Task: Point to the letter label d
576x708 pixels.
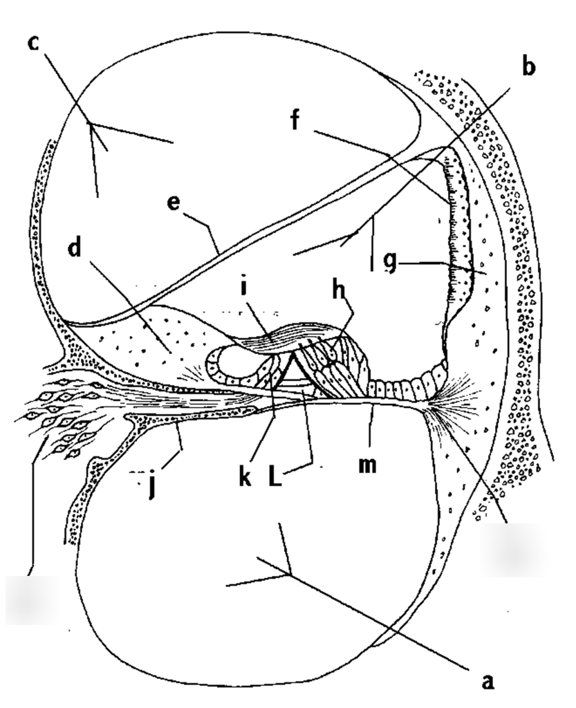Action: [75, 248]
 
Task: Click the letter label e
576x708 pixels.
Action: [174, 204]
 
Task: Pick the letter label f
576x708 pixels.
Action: [296, 119]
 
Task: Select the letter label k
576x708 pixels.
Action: [244, 477]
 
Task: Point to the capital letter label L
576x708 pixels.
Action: [275, 477]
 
